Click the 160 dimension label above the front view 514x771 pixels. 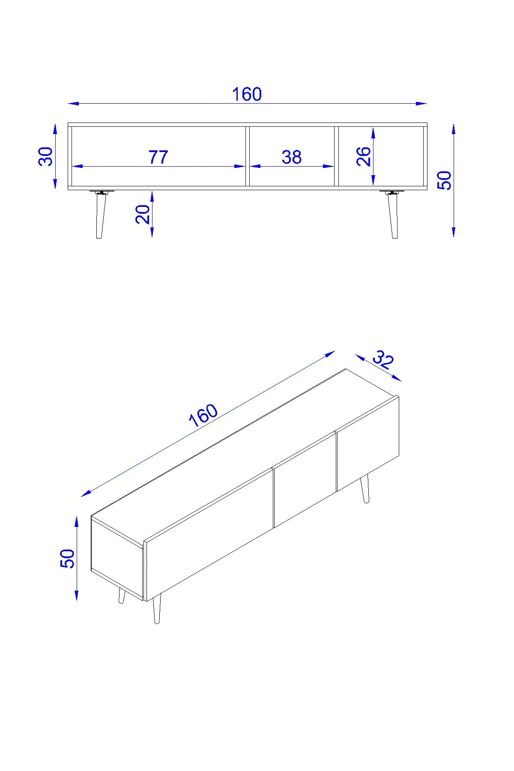click(x=247, y=94)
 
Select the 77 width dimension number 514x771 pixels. click(x=158, y=157)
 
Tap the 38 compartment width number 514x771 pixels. click(x=292, y=157)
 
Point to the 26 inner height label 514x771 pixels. click(x=363, y=156)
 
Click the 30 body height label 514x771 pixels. click(x=46, y=156)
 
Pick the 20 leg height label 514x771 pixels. click(x=143, y=214)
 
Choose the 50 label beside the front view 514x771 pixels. click(x=444, y=180)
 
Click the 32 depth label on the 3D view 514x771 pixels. click(x=383, y=360)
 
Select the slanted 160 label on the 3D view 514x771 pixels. click(x=203, y=415)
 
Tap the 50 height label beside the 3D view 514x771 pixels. click(x=68, y=559)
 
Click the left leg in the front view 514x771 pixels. click(x=101, y=216)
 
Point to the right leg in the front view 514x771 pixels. click(x=392, y=216)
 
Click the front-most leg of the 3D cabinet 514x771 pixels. click(x=157, y=609)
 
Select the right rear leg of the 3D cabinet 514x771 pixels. click(x=365, y=489)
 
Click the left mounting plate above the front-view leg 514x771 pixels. click(x=102, y=191)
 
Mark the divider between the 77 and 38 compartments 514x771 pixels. click(x=248, y=156)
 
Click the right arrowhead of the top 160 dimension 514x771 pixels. click(x=422, y=103)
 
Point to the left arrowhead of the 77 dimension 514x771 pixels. click(x=77, y=166)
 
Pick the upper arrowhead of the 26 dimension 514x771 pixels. click(x=374, y=132)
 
